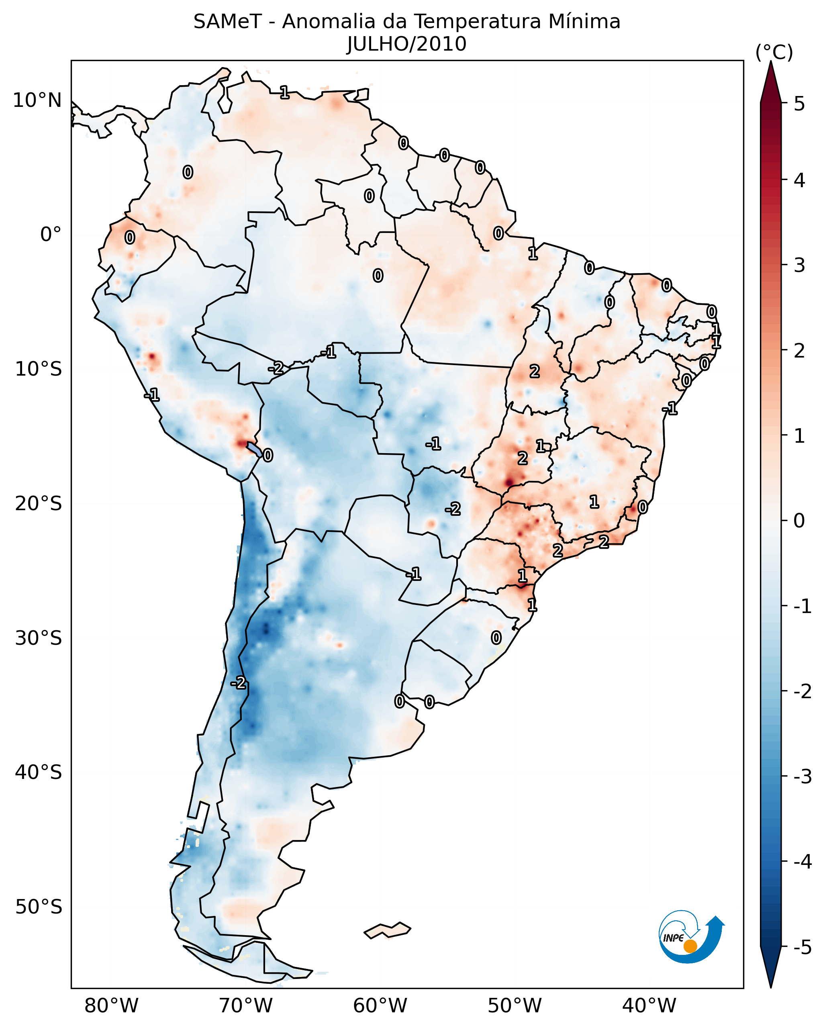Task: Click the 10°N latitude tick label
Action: click(37, 100)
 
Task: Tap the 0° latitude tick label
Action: click(51, 235)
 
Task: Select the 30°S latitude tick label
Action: click(38, 638)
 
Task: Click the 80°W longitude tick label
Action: click(111, 1006)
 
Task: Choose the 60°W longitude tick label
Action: click(380, 1006)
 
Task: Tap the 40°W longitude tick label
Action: click(649, 1006)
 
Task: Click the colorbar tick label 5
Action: click(799, 104)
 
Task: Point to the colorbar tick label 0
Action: click(799, 520)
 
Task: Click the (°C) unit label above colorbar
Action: click(774, 53)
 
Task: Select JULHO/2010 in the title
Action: click(406, 44)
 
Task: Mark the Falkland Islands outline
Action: click(387, 930)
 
